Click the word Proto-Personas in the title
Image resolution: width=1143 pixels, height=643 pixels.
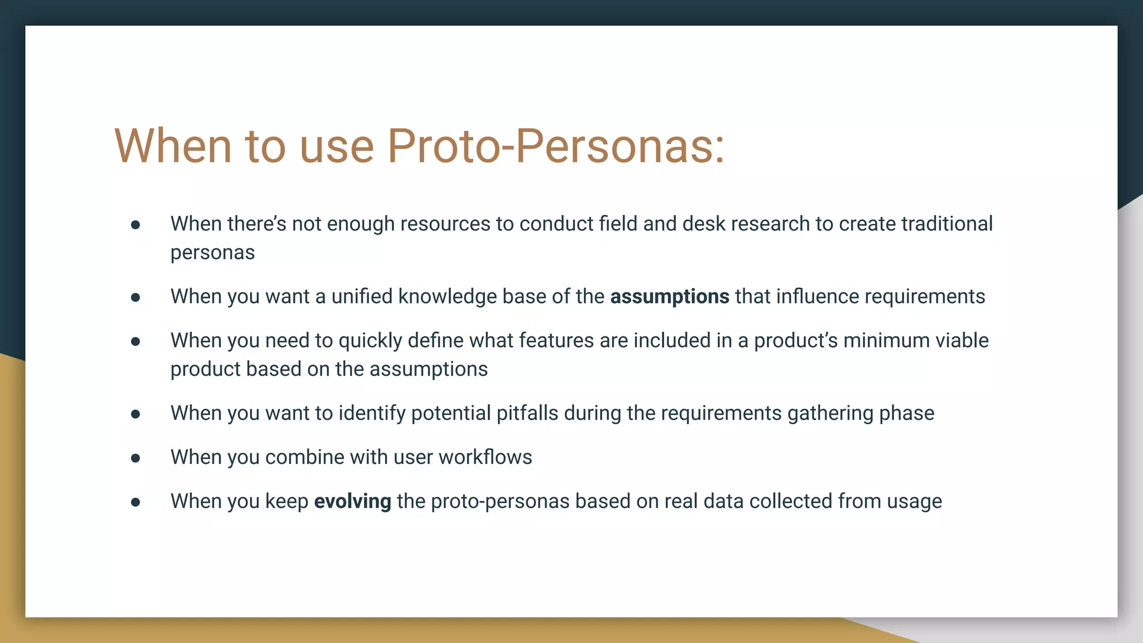click(555, 146)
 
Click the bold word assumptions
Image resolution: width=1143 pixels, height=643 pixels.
click(669, 296)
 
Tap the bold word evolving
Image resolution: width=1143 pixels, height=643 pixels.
click(352, 501)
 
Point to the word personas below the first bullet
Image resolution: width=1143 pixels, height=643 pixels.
click(213, 253)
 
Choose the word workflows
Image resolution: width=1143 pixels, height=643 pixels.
click(485, 457)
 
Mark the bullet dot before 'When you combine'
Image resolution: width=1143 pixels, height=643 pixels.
click(136, 458)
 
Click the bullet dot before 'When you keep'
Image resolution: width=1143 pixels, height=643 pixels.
click(136, 502)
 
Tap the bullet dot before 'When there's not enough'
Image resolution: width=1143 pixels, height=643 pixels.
click(136, 225)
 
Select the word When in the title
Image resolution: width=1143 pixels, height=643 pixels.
click(173, 146)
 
